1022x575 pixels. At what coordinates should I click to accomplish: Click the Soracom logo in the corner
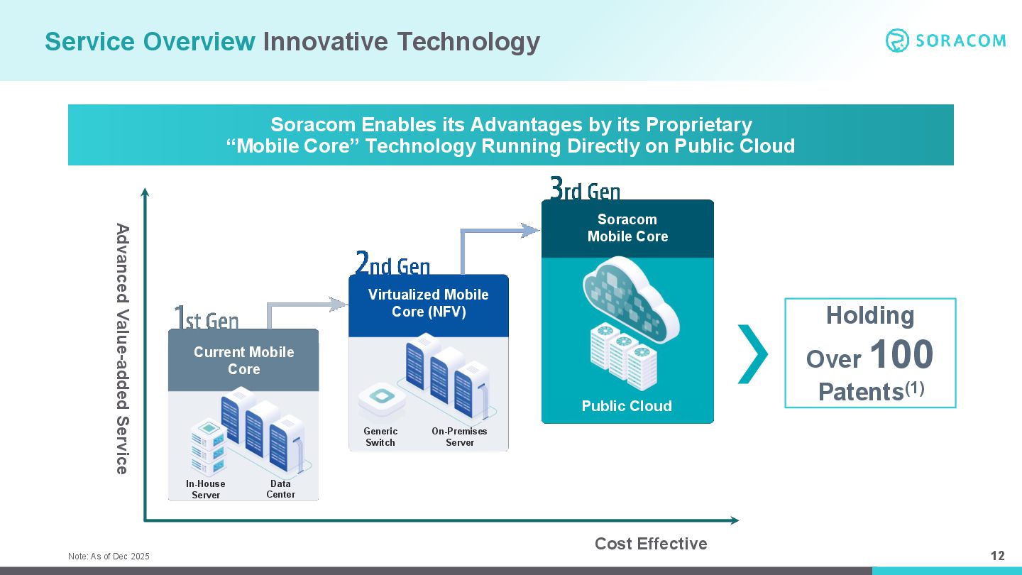(945, 40)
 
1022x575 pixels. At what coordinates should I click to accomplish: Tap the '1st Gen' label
(207, 317)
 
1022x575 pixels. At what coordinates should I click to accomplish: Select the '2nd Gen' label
(392, 263)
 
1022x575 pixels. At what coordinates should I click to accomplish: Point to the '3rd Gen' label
(585, 189)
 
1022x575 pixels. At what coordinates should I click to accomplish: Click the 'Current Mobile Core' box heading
(243, 361)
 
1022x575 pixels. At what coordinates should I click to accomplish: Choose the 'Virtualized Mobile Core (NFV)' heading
(429, 303)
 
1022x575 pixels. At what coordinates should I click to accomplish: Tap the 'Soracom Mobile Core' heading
(627, 228)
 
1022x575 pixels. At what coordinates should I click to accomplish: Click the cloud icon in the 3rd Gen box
(631, 300)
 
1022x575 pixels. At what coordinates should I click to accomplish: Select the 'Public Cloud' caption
(627, 406)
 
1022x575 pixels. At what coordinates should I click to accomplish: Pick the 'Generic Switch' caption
(380, 437)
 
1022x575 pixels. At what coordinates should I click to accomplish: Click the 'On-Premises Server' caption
(459, 437)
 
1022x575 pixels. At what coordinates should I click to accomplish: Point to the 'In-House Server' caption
(205, 489)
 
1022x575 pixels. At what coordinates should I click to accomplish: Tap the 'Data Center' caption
(280, 488)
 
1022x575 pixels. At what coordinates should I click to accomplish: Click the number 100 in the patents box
(901, 354)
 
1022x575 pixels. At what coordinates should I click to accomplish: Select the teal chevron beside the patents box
(753, 354)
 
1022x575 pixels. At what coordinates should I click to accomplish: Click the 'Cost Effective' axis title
(651, 544)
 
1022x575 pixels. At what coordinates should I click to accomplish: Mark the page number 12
(998, 555)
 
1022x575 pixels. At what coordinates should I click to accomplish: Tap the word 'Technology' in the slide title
(468, 42)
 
